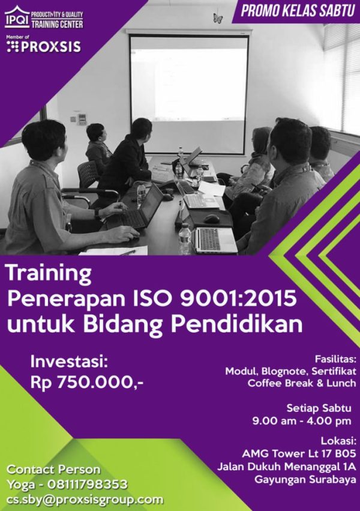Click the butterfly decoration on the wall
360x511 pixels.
tap(218, 19)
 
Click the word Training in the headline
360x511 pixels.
tap(49, 274)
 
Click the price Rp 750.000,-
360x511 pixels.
tap(87, 383)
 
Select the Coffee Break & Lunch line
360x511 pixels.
tap(302, 383)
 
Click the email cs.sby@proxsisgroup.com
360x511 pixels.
tap(85, 500)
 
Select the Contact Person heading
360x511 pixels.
tap(54, 470)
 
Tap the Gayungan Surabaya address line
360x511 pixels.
tap(305, 480)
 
